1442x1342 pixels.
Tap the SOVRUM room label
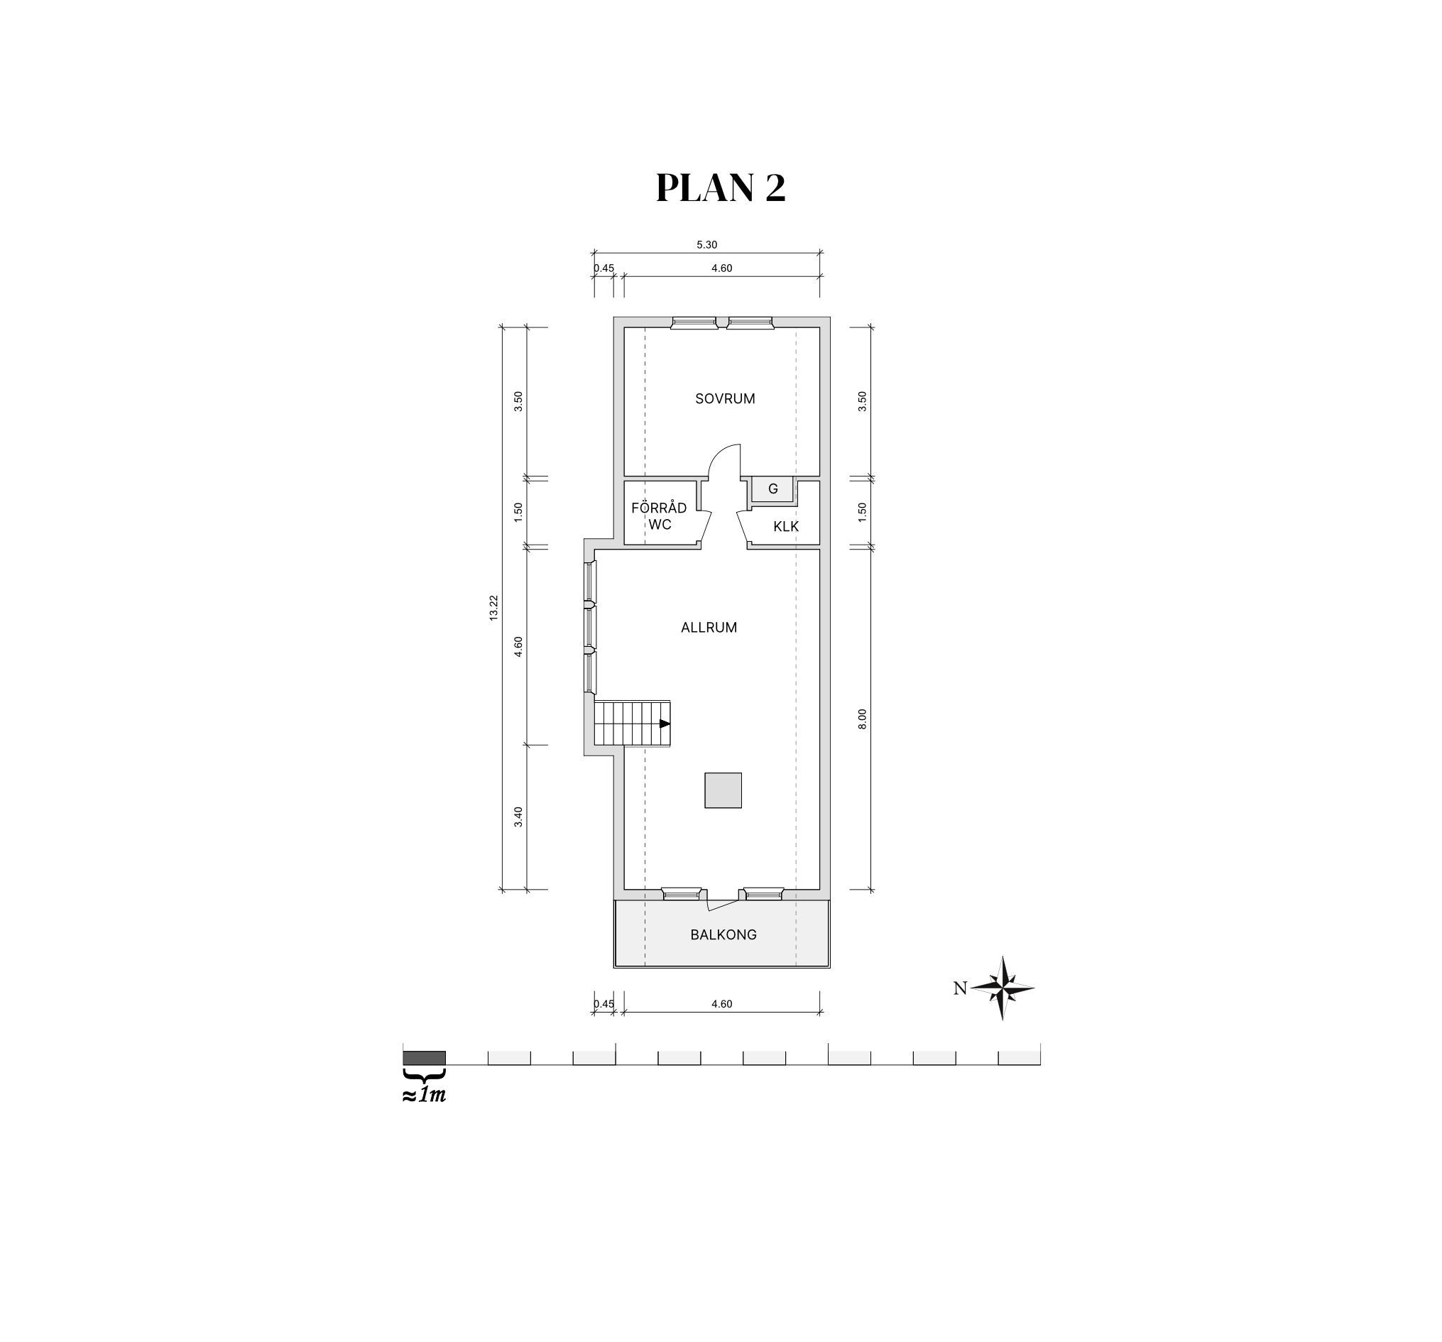(x=725, y=398)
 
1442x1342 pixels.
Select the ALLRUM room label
(x=709, y=628)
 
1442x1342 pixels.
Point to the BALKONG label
(x=723, y=935)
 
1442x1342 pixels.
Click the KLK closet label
(x=785, y=527)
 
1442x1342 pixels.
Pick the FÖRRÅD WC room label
(x=659, y=515)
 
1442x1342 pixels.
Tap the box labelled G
(x=772, y=489)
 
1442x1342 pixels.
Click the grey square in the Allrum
(x=723, y=790)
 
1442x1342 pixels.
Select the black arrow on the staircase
(x=665, y=724)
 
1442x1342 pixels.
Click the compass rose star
(x=1003, y=988)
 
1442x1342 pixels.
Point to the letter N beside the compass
(x=960, y=988)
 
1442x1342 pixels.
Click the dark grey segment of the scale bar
(x=425, y=1058)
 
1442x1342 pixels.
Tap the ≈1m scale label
(x=425, y=1095)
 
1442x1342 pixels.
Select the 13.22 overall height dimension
(x=493, y=608)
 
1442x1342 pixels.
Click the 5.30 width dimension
(x=706, y=245)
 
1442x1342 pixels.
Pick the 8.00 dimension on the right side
(x=863, y=719)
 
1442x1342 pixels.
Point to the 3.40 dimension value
(x=518, y=817)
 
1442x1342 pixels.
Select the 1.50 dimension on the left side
(x=518, y=512)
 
